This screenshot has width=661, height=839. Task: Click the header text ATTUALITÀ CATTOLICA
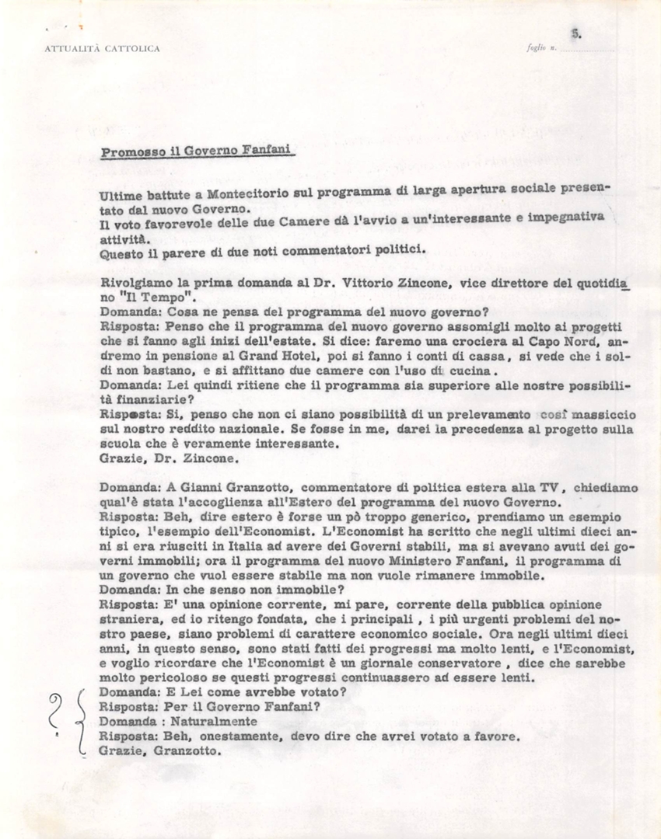pos(103,48)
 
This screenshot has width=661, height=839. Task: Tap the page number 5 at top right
pos(575,33)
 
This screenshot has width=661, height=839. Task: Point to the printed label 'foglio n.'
pos(540,49)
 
